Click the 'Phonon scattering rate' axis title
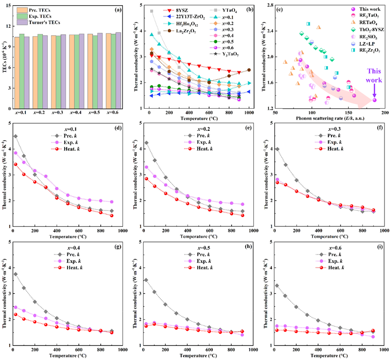click(324, 118)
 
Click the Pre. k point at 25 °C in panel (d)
click(15, 136)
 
